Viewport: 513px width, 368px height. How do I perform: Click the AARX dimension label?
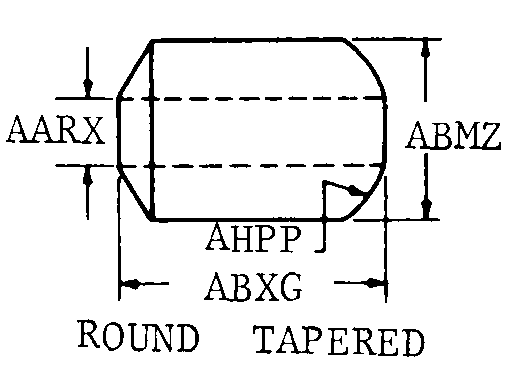[55, 130]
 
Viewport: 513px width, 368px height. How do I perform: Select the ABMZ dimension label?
[453, 135]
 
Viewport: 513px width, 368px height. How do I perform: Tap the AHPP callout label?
[254, 237]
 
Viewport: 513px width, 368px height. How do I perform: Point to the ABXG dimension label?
[254, 286]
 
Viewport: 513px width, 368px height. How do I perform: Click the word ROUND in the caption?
[139, 335]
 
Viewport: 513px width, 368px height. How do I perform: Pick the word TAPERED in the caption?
[339, 341]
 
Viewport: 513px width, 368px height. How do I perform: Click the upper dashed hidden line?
[251, 99]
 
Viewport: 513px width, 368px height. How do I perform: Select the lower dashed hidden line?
[251, 165]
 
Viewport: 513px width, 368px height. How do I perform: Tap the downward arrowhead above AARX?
[88, 87]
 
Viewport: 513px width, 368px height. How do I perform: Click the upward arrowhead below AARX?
[88, 177]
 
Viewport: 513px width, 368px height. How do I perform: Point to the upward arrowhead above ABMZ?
[426, 50]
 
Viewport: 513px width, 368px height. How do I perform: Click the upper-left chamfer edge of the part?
[135, 69]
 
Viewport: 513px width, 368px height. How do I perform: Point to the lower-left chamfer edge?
[135, 193]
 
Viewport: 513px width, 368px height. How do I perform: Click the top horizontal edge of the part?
[248, 40]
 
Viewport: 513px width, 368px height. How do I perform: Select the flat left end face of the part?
[118, 132]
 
